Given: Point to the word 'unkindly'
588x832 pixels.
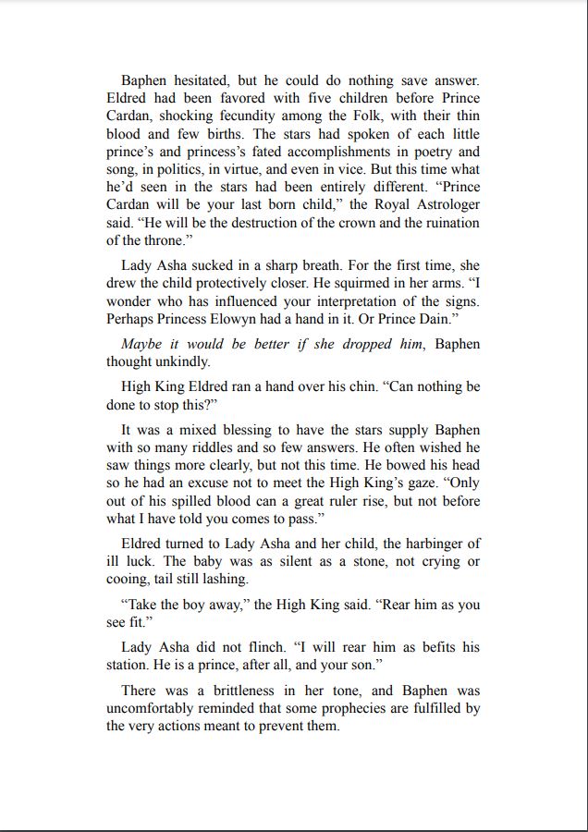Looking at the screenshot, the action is click(x=183, y=362).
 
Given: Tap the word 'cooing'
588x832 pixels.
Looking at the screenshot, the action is click(x=127, y=580).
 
